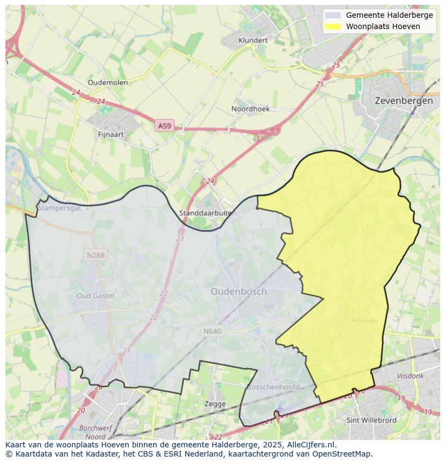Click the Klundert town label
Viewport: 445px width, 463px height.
(253, 40)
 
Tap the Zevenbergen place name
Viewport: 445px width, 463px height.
(404, 101)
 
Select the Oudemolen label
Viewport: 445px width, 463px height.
(107, 82)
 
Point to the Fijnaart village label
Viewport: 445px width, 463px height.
(112, 134)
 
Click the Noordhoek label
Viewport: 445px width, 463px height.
(250, 109)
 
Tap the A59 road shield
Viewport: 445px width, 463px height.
(164, 126)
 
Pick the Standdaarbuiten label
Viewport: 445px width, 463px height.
(207, 213)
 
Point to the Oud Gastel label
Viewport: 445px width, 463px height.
(95, 295)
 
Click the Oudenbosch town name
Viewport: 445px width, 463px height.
(238, 291)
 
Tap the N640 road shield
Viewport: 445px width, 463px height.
(212, 331)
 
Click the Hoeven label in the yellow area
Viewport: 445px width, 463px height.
(364, 320)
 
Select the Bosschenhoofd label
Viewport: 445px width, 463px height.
(272, 387)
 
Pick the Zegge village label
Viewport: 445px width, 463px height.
(215, 403)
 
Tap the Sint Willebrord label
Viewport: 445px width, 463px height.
(371, 420)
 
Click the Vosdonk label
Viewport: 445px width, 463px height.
(410, 376)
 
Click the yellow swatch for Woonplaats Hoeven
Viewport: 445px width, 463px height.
(333, 26)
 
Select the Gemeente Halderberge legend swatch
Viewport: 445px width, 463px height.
(333, 15)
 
